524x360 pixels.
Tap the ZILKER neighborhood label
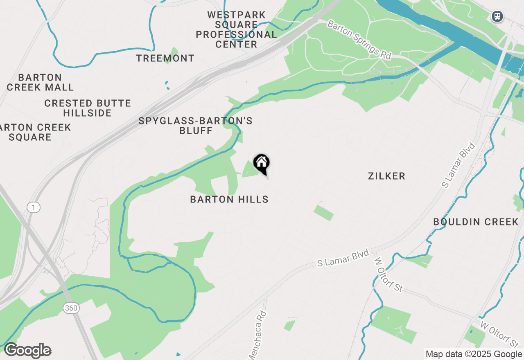(x=386, y=176)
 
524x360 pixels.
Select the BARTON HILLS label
(x=229, y=200)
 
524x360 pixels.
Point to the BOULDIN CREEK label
(x=476, y=222)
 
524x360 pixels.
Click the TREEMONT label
(x=165, y=59)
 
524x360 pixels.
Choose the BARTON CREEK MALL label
(x=40, y=82)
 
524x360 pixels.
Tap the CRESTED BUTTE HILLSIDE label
(x=88, y=108)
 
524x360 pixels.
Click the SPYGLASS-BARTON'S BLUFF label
(x=195, y=126)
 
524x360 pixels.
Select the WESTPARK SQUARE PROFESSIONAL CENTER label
(x=236, y=30)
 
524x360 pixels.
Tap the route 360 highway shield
(x=71, y=308)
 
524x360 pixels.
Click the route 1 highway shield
(x=34, y=207)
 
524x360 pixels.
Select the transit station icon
(x=497, y=16)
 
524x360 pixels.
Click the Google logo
(x=27, y=351)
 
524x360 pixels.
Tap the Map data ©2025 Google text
(x=474, y=354)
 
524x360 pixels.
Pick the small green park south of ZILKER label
(x=323, y=213)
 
